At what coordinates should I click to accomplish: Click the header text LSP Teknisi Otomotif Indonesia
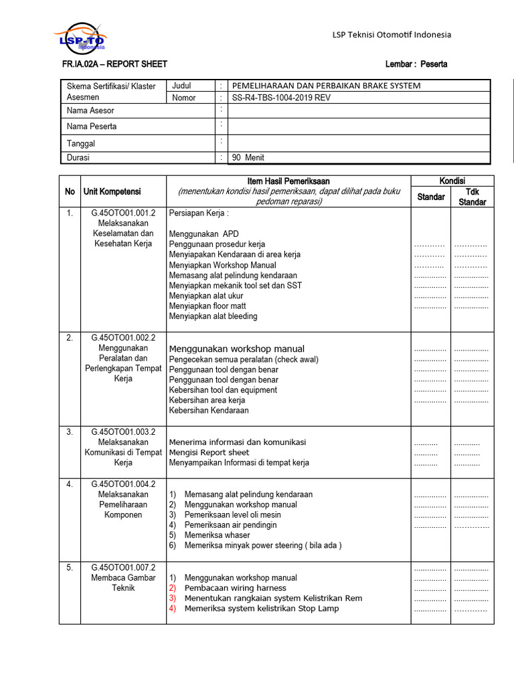coord(392,35)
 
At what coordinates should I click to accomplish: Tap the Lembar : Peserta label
coord(416,64)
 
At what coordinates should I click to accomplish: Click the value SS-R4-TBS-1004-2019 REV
coord(281,98)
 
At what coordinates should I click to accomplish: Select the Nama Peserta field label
coord(92,126)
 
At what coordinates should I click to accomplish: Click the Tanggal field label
coord(81,144)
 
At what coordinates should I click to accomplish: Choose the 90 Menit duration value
coord(248,158)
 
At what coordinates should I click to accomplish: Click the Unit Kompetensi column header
coord(112,192)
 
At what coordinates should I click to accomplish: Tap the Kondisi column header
coord(452,181)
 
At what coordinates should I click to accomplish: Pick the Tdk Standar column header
coord(473,197)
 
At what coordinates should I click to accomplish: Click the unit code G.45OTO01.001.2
coord(123,213)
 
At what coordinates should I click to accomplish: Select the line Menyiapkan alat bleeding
coord(213,316)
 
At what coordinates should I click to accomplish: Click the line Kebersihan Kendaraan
coord(208,411)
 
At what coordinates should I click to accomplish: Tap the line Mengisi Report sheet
coord(209,452)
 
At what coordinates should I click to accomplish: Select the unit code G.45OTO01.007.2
coord(123,567)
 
